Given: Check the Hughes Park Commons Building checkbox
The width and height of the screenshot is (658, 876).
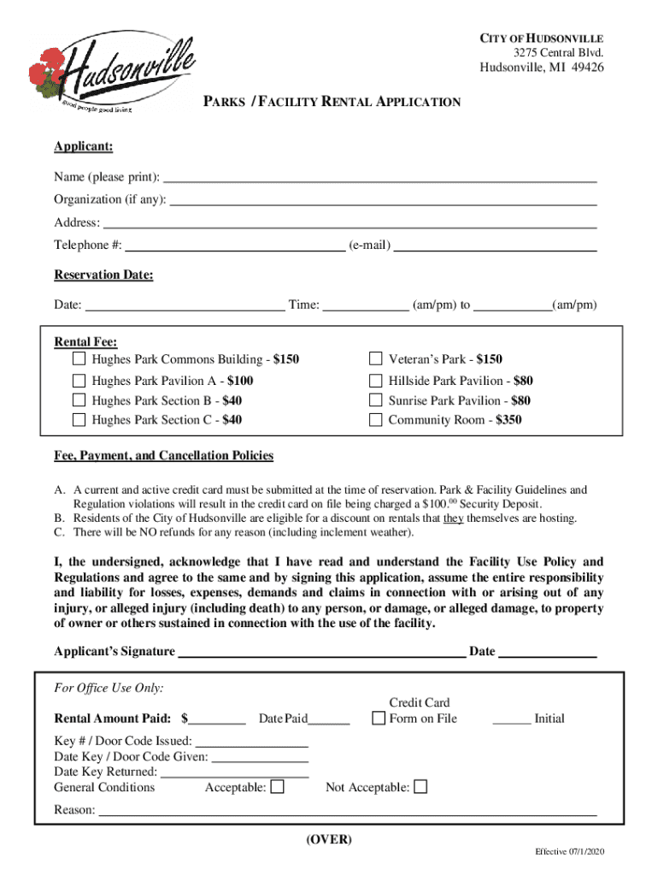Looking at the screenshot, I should tap(79, 358).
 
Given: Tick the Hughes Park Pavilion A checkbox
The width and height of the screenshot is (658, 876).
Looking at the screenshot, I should tap(79, 381).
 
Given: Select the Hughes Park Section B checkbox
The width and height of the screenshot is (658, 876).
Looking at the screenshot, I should tap(79, 400).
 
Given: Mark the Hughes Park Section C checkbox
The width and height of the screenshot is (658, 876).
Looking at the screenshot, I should tap(79, 419).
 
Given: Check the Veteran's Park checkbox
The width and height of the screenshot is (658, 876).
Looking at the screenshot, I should tap(375, 358).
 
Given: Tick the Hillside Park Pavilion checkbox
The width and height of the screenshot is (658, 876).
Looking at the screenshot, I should tap(375, 381).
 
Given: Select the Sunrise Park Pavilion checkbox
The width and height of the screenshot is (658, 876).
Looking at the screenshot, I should tap(375, 400).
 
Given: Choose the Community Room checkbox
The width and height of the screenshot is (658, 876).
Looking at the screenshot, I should tap(375, 419).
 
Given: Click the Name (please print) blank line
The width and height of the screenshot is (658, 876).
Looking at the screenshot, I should tap(379, 178).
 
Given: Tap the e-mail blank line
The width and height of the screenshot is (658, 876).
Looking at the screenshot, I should tap(495, 246).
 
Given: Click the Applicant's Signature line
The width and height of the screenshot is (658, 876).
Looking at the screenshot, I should tap(321, 652).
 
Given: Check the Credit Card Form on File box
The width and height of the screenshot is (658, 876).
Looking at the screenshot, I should tap(379, 719).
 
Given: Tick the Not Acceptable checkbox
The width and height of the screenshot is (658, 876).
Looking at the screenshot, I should tap(420, 787).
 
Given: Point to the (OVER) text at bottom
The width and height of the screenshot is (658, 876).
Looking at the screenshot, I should tap(329, 839).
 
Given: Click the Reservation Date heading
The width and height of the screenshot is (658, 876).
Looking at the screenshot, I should tap(103, 275).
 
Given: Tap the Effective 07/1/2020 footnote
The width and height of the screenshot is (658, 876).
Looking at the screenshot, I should tap(570, 853).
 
